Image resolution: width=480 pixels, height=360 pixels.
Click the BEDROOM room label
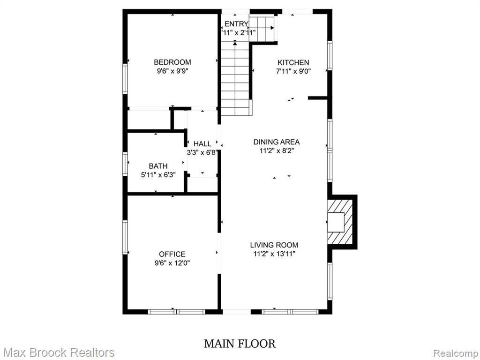coord(172,62)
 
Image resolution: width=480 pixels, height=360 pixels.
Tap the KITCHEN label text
coord(293,63)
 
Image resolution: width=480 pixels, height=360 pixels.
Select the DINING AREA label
coord(277,142)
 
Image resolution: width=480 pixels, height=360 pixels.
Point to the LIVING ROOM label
coord(274,245)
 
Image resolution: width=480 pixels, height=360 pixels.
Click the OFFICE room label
coord(172,254)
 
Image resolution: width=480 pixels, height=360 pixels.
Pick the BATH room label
coord(158,166)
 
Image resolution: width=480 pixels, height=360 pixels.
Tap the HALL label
coord(202,144)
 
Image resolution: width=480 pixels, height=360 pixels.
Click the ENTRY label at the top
coord(236,24)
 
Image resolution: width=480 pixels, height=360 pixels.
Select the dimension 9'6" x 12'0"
coord(172,263)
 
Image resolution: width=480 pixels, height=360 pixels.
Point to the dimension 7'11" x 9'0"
coord(293,72)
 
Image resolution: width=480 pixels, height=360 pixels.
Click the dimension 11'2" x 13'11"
coord(274,254)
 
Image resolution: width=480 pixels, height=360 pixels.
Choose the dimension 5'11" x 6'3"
coord(158,175)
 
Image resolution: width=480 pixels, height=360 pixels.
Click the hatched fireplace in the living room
coord(340,222)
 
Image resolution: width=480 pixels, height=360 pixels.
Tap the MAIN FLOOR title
coord(240,344)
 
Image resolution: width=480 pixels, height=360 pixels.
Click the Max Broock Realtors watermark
coord(58,352)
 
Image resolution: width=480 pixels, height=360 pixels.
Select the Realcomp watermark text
coord(456,353)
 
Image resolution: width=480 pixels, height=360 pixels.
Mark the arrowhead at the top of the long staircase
coord(235,43)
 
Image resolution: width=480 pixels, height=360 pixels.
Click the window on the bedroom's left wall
coord(125,79)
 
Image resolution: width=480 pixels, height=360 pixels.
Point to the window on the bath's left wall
coord(125,165)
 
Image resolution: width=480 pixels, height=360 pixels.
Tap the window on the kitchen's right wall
coord(330,56)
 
